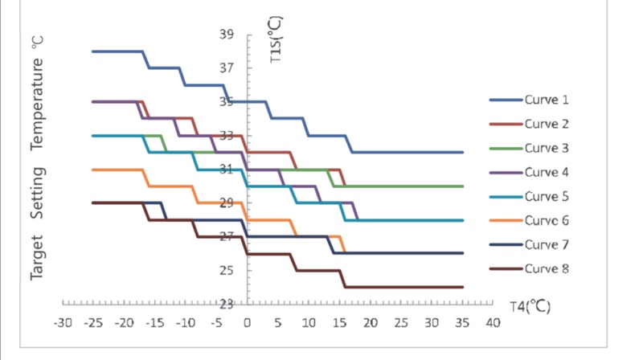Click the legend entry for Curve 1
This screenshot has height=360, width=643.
(x=547, y=100)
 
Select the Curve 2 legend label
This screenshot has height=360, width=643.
(x=547, y=125)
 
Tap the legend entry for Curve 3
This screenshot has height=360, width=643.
(x=547, y=149)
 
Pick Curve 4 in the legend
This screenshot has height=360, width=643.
(x=547, y=173)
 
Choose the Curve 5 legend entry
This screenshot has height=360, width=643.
(x=547, y=197)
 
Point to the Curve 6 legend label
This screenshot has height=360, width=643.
(x=547, y=221)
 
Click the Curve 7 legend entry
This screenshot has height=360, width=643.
(x=547, y=245)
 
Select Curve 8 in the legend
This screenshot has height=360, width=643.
(x=547, y=269)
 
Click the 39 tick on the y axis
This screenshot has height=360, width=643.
(x=226, y=35)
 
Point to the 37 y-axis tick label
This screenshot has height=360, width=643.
(x=226, y=69)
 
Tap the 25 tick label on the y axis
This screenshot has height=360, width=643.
(x=226, y=271)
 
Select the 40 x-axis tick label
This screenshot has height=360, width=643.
(x=493, y=323)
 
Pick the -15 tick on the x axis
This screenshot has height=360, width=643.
(x=154, y=323)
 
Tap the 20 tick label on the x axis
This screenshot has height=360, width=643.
(x=370, y=323)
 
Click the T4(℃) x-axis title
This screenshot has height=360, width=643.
(x=530, y=307)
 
